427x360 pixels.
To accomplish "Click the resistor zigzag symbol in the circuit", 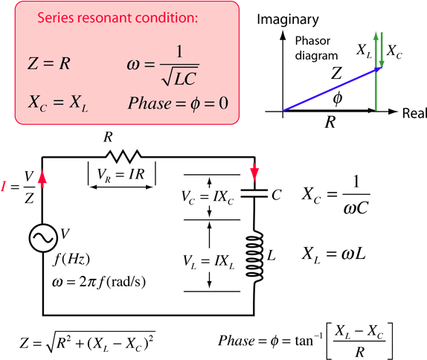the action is tap(123, 156).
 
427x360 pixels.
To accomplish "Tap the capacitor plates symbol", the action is tap(254, 193).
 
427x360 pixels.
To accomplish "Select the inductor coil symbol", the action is tap(254, 257).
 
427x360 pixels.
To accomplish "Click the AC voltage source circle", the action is tap(43, 238).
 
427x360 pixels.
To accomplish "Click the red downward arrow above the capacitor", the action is tap(254, 172).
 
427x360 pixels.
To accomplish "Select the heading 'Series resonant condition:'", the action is tap(118, 18).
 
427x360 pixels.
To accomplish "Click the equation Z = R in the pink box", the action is tap(49, 64).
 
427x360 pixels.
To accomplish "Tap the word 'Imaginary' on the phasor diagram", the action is tap(288, 20).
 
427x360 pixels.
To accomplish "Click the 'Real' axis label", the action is tap(414, 113).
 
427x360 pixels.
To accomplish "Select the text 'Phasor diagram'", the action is tap(316, 48).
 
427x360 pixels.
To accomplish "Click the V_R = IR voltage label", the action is tap(121, 174).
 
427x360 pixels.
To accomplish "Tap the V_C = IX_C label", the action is tap(208, 197).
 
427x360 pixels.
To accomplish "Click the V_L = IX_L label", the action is tap(208, 262).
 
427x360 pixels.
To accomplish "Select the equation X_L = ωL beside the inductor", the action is tap(333, 254).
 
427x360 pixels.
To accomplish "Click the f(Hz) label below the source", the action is tap(71, 259).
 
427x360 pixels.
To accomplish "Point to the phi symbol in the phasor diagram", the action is tap(338, 98).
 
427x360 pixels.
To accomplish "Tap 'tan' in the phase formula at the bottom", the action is tap(304, 341).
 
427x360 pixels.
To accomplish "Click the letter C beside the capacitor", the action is tap(277, 195).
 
